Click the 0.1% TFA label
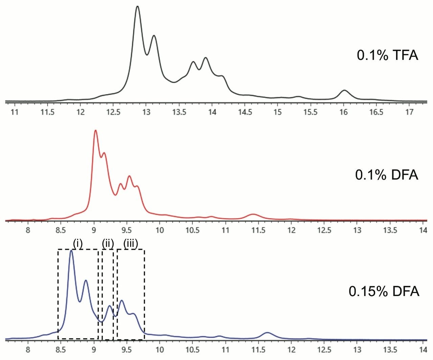387,55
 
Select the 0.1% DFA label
387,175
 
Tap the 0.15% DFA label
384,291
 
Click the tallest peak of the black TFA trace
137,7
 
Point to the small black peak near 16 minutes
344,91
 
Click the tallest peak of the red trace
95,130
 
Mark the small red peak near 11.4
252,214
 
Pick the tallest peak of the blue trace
71,251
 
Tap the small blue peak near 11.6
267,333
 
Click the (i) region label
78,244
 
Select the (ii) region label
108,244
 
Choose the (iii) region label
131,244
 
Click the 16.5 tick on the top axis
377,112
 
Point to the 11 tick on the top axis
15,112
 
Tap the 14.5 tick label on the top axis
245,112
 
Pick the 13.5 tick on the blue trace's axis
390,349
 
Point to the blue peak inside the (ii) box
109,306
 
